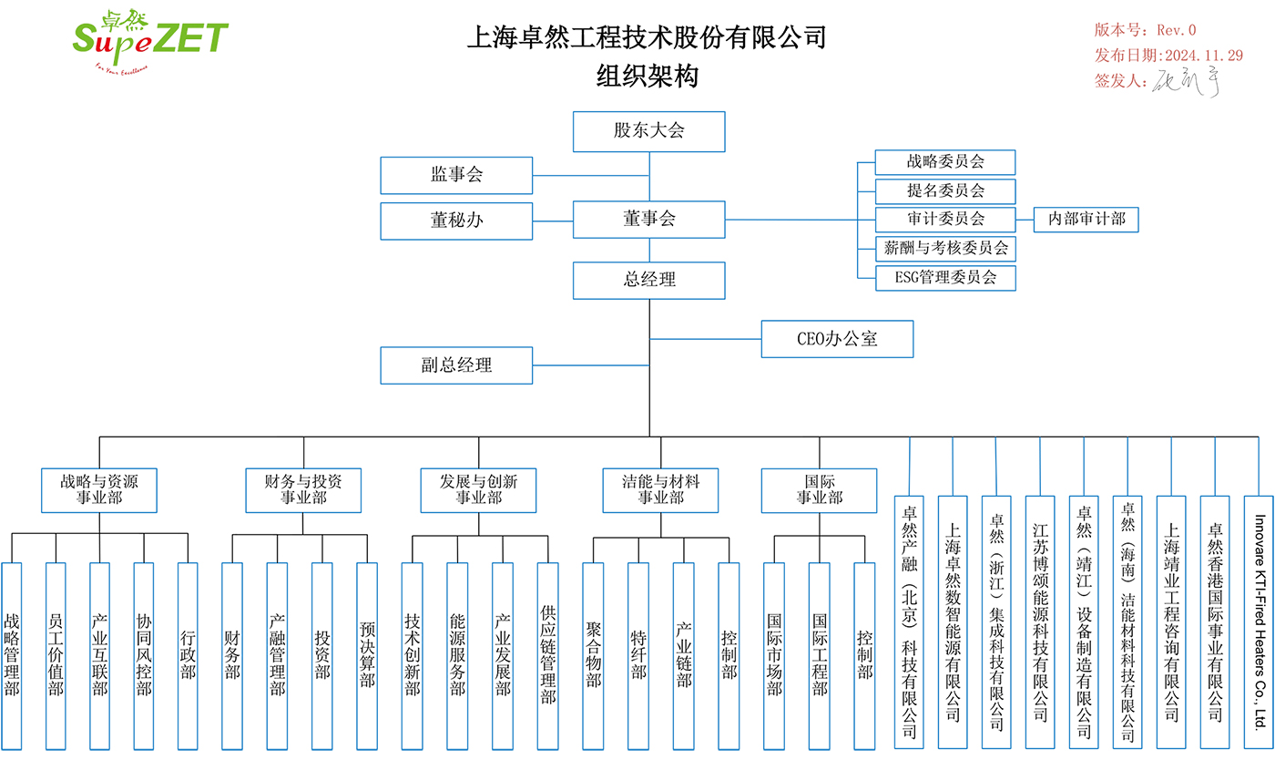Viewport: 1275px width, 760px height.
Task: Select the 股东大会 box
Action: (x=648, y=131)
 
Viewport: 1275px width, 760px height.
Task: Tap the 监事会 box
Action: (x=456, y=175)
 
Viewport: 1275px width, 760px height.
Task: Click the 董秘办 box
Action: (x=456, y=221)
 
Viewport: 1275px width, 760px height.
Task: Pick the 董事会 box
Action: (x=648, y=220)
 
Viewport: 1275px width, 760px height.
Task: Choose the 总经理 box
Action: (x=648, y=280)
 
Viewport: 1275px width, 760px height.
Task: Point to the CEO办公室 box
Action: (x=837, y=339)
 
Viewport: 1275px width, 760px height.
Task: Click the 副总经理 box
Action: (x=456, y=365)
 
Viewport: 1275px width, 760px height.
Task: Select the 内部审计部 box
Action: (x=1086, y=220)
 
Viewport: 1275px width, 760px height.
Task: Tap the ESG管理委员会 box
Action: (x=944, y=278)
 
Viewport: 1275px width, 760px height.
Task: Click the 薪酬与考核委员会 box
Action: (x=944, y=248)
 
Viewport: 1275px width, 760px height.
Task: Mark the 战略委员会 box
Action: (x=944, y=162)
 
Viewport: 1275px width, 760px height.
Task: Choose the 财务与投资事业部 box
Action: (x=303, y=489)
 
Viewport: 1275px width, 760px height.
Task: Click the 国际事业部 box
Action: (x=819, y=489)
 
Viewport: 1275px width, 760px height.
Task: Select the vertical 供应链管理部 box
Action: (x=547, y=656)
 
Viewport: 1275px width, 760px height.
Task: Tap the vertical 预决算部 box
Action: (x=367, y=656)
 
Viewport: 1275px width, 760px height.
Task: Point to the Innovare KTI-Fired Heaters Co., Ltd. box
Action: (x=1259, y=622)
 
